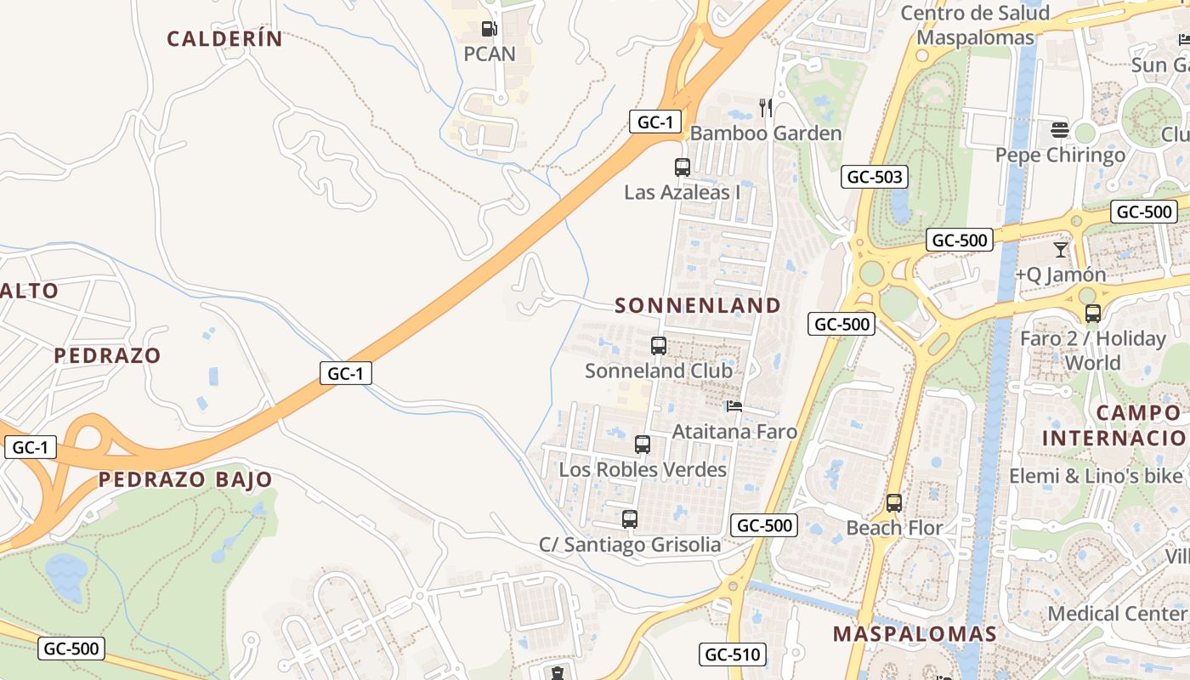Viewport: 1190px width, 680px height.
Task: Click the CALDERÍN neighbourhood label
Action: [224, 38]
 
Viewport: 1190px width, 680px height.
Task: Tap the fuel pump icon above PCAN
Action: [489, 29]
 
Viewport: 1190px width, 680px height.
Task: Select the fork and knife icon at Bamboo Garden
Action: [766, 107]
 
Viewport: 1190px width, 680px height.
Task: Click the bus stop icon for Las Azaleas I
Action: [682, 167]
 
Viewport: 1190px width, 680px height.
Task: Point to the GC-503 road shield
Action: [875, 177]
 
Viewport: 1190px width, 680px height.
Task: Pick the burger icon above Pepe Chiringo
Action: [1059, 130]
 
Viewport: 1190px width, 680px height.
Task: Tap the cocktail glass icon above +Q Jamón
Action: [1060, 250]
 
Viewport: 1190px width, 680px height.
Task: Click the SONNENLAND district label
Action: [698, 305]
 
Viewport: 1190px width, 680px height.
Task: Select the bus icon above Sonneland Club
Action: [659, 346]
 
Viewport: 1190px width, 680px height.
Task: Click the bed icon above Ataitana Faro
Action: [734, 406]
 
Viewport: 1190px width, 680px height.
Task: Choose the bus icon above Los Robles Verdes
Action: [643, 445]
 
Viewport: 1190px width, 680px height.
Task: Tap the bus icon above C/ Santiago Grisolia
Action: [630, 519]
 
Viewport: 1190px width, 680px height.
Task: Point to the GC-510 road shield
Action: [733, 654]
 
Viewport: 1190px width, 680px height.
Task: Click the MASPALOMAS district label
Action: [915, 633]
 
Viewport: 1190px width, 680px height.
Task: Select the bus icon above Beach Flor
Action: [894, 503]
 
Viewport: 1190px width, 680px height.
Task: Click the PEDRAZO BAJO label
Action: [185, 479]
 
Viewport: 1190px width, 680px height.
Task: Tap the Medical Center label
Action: [1117, 613]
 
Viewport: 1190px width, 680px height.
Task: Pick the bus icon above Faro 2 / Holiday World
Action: [1093, 314]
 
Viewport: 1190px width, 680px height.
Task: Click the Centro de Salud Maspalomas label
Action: [976, 25]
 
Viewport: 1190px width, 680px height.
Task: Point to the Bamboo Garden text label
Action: [766, 133]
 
